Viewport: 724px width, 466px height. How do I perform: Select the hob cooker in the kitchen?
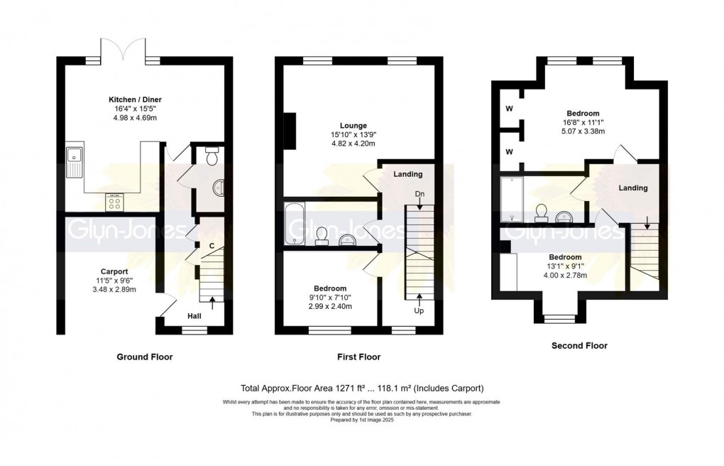point(114,203)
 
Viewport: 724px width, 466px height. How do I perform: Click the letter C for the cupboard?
point(212,246)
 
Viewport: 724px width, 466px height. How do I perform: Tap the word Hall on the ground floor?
point(196,315)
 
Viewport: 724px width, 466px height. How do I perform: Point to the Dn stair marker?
point(419,193)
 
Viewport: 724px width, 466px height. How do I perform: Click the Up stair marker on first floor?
point(419,310)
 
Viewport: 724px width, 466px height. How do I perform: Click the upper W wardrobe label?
point(509,109)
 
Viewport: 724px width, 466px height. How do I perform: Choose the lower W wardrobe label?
point(509,151)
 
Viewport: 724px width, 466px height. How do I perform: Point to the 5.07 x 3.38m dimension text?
point(583,131)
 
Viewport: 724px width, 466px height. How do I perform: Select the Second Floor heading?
point(579,346)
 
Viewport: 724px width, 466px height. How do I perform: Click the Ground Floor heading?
point(144,357)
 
